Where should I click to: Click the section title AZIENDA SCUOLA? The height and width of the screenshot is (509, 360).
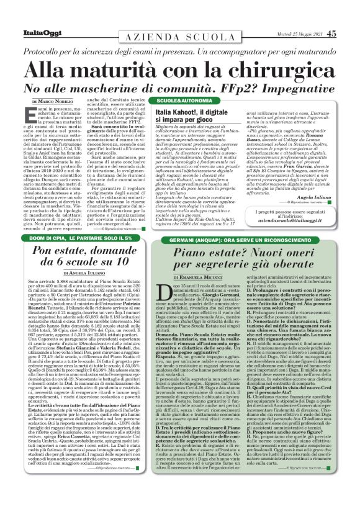point(180,37)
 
